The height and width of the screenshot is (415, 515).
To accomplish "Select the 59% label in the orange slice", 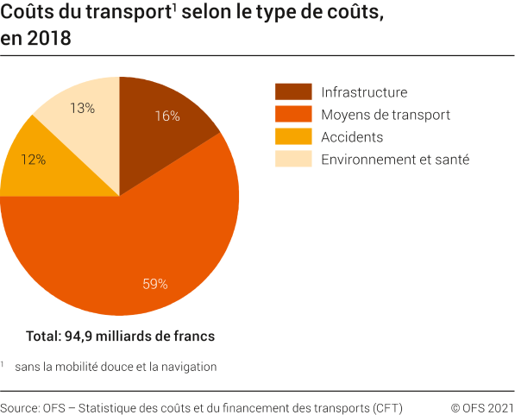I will [154, 283].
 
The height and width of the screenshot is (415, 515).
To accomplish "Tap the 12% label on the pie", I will [34, 160].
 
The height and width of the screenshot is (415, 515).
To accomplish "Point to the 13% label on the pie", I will [81, 108].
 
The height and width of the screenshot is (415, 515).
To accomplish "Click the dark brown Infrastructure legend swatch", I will [292, 92].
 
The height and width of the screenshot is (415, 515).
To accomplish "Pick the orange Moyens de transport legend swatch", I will [292, 115].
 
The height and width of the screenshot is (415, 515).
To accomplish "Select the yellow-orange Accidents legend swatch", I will [292, 137].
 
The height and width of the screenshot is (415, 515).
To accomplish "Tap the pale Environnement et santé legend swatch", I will [292, 160].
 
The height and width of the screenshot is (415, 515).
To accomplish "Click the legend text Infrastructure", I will [363, 92].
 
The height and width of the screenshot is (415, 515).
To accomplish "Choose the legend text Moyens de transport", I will [385, 115].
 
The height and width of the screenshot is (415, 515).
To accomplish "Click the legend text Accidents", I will [351, 137].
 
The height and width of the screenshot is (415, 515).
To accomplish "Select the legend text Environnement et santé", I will [394, 160].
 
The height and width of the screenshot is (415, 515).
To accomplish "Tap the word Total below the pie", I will [43, 336].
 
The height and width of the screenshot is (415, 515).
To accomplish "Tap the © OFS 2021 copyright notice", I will [482, 406].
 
